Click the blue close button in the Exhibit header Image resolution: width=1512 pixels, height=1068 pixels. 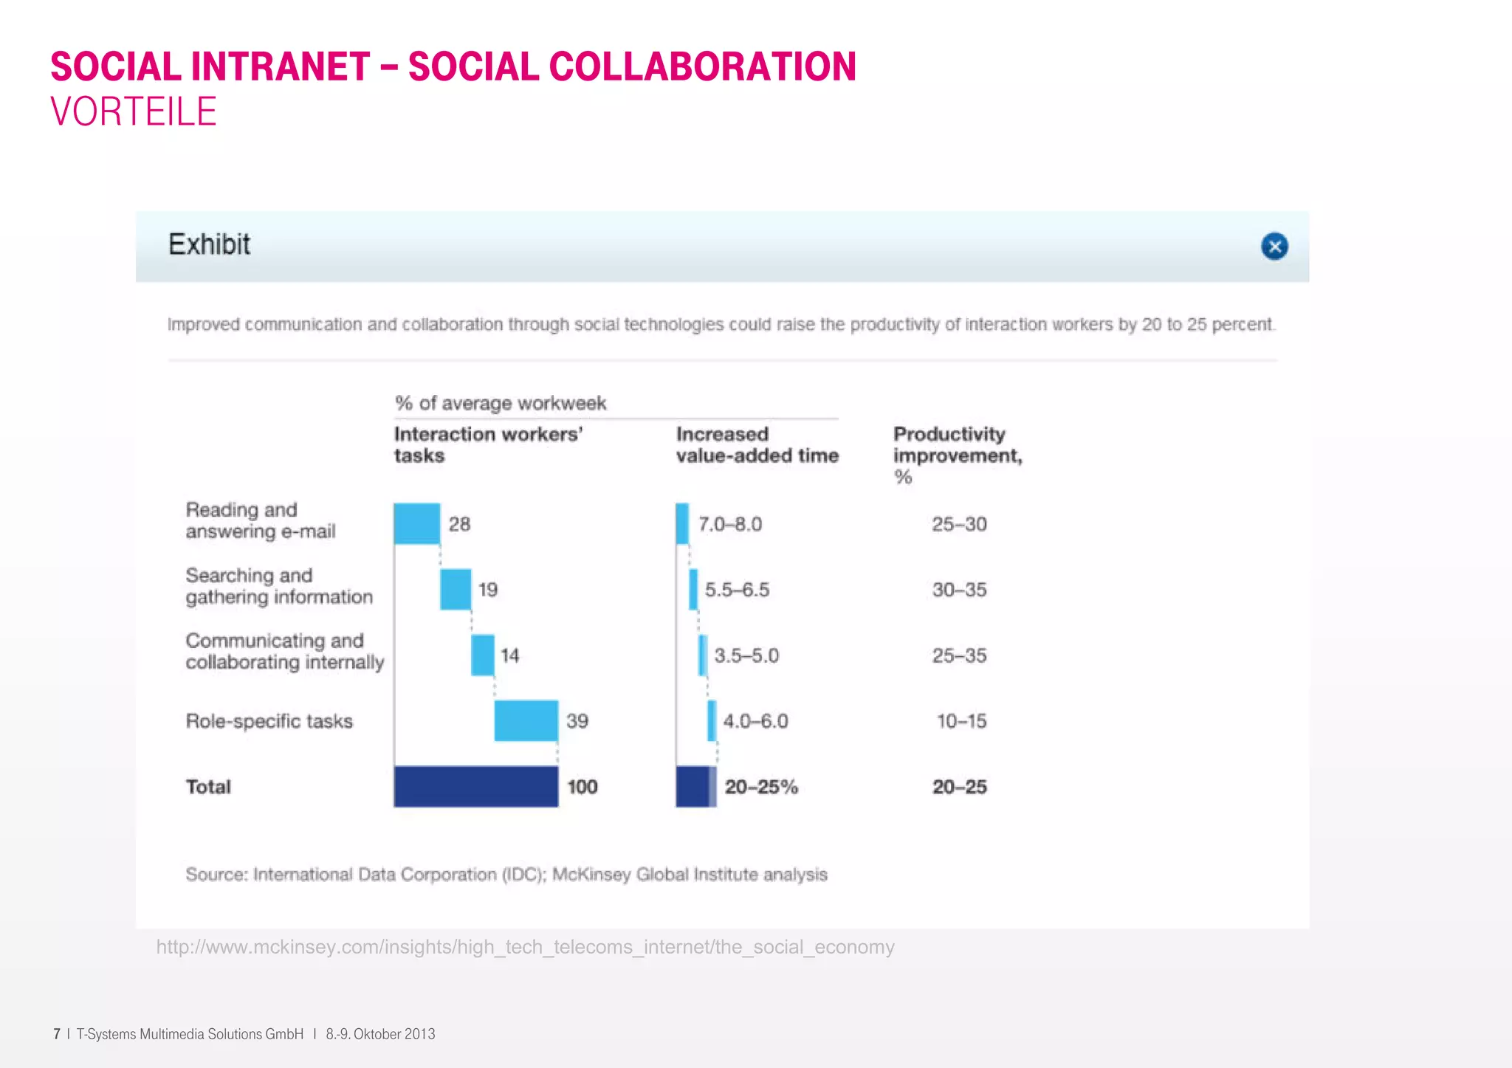[x=1274, y=246]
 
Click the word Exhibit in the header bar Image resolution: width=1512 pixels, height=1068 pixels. [x=209, y=244]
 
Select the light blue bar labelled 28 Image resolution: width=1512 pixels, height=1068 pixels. [x=417, y=523]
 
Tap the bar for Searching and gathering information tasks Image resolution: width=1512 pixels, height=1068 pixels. [x=456, y=589]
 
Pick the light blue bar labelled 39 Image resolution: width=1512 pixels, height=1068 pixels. [x=526, y=720]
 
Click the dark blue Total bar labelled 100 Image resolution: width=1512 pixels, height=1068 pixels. [x=476, y=786]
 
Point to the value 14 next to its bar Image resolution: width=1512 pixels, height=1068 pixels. [x=509, y=655]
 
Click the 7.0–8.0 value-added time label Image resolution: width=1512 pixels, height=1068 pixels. [x=730, y=524]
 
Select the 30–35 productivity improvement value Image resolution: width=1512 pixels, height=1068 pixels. [x=959, y=590]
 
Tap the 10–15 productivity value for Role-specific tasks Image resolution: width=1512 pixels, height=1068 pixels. [x=961, y=721]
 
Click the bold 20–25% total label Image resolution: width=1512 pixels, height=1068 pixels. [x=761, y=787]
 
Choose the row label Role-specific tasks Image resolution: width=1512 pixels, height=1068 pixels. [x=269, y=721]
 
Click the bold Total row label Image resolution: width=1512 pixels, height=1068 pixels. [x=208, y=787]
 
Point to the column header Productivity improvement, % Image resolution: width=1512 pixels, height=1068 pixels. [x=957, y=455]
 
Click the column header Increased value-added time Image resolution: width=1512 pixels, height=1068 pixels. [x=757, y=444]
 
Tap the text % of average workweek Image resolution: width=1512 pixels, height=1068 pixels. [x=501, y=403]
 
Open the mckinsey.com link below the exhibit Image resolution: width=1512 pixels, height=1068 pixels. [x=525, y=947]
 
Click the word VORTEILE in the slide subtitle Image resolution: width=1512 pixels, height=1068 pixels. [x=134, y=112]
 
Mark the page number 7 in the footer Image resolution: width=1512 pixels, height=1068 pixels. [x=56, y=1034]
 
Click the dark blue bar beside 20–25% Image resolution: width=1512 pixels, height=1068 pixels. [x=693, y=786]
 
